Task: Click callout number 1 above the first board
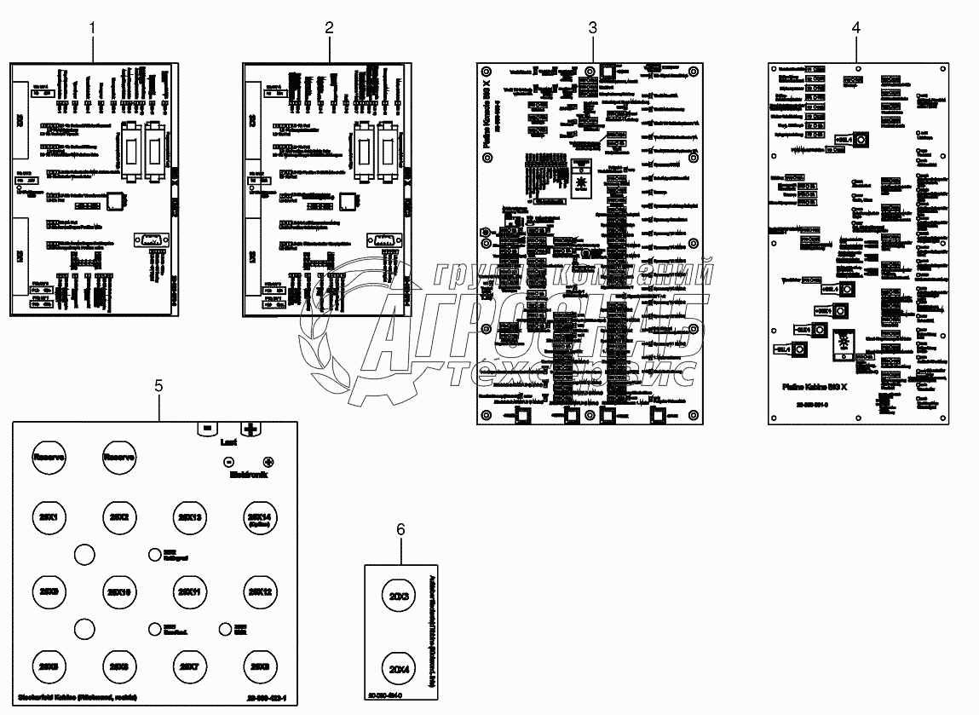click(x=93, y=28)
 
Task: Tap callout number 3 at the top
click(x=593, y=27)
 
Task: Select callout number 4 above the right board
click(x=855, y=27)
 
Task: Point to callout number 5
click(x=158, y=385)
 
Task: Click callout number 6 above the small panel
click(x=400, y=529)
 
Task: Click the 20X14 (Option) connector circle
click(x=259, y=519)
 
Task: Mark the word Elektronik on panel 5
click(x=248, y=476)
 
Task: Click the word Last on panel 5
click(x=228, y=443)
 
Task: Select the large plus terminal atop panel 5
click(x=251, y=430)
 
